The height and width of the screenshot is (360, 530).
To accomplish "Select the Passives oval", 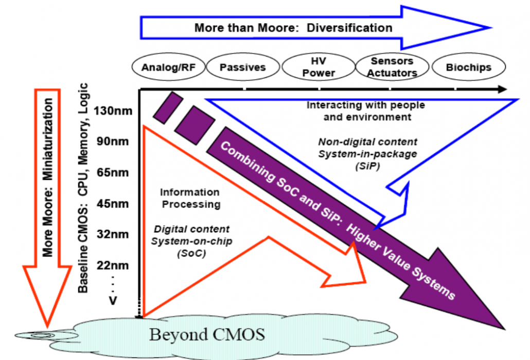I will click(242, 67).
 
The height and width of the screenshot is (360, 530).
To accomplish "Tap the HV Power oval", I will click(319, 67).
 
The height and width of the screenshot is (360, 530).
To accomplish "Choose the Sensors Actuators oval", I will click(392, 67).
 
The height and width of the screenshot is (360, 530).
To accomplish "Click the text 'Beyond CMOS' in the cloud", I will click(207, 335).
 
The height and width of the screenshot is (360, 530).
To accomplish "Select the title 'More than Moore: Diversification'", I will click(293, 27).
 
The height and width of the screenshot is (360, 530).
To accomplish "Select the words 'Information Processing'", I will click(189, 198).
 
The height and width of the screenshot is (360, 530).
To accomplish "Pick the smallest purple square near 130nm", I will click(168, 108).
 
